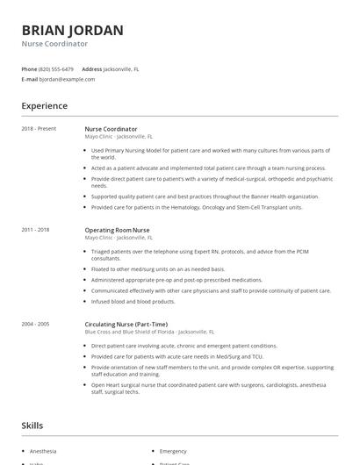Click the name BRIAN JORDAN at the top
[72, 30]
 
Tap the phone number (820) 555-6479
[57, 68]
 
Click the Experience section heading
[44, 106]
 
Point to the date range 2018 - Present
[39, 129]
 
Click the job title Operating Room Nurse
[117, 230]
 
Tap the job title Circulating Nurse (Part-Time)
[128, 324]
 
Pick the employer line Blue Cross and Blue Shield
[149, 332]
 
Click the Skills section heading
[32, 426]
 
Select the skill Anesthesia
[44, 451]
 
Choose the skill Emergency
[173, 451]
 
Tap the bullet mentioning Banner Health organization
[205, 197]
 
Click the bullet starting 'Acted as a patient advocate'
[208, 167]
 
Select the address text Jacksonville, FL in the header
[121, 68]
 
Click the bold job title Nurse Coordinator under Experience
[111, 129]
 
